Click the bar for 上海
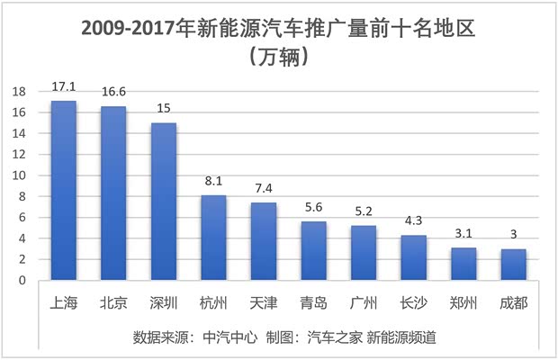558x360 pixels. [x=64, y=191]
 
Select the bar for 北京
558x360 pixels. [x=113, y=193]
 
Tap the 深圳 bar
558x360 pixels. [x=163, y=202]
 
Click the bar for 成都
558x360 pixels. [x=513, y=265]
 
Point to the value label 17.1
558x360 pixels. [x=64, y=87]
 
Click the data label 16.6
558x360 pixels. [x=113, y=93]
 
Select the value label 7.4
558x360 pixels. [x=263, y=189]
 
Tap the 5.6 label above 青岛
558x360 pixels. [x=313, y=208]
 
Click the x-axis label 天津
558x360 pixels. [x=263, y=302]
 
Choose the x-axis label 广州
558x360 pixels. [x=363, y=302]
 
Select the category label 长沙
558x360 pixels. [x=413, y=302]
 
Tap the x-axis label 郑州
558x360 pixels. [x=463, y=302]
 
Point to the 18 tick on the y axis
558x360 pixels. [x=19, y=92]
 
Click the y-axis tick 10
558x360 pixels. [x=19, y=175]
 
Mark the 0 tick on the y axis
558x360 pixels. [x=22, y=281]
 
